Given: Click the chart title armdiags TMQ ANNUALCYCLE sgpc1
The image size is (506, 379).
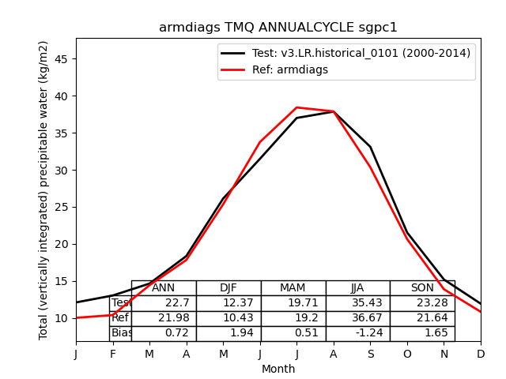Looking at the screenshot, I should tap(278, 28).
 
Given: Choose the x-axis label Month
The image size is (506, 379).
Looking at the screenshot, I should tap(278, 369).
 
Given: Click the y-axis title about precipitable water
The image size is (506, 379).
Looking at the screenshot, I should tap(44, 190).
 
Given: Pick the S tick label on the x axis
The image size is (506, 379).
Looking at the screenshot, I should tap(370, 355).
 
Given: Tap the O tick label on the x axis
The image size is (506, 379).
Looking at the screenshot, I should tap(407, 355).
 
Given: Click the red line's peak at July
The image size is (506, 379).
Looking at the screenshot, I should tap(296, 107).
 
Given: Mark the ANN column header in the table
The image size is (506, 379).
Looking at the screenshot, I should tap(164, 288).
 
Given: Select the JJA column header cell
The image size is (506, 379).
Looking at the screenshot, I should tap(357, 288).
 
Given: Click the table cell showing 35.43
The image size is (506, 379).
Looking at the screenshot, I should tap(357, 303).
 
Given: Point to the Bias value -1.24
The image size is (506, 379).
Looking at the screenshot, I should tap(357, 333).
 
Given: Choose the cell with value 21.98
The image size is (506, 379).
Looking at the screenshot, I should tap(164, 318).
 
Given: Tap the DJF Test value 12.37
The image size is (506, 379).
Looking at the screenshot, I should tap(228, 303).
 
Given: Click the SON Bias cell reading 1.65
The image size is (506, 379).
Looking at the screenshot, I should tap(422, 333).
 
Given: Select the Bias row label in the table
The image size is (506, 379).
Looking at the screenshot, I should tap(121, 333).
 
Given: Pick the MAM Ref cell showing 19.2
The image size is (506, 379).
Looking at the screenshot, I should tap(293, 318).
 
